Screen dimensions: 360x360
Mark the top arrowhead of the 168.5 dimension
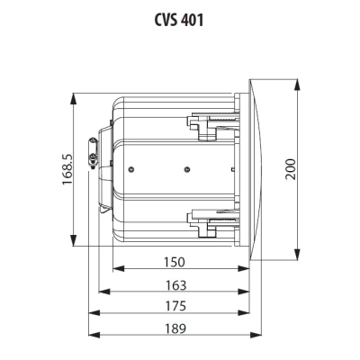tap(73, 93)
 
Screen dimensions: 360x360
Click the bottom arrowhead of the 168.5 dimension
tap(73, 241)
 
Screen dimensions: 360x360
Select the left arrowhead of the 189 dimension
tap(91, 337)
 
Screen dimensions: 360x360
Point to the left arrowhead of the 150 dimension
tap(115, 271)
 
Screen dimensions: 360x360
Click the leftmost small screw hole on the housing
tap(133, 166)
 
